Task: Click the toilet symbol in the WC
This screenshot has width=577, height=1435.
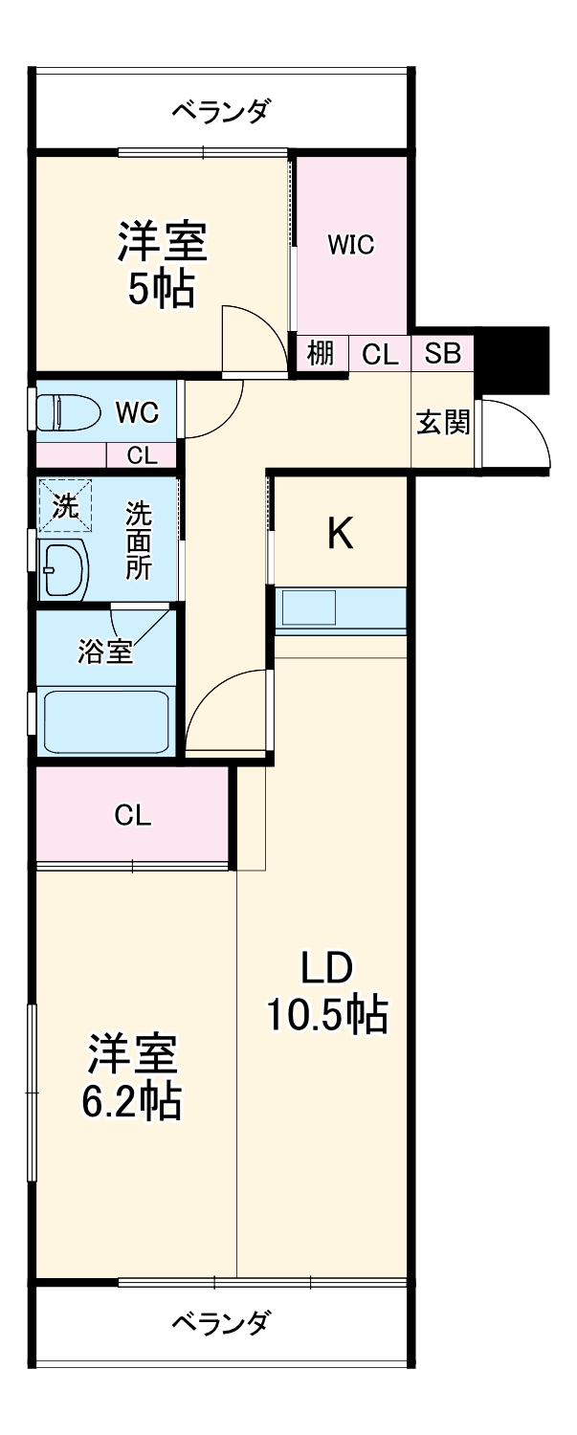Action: pyautogui.click(x=65, y=413)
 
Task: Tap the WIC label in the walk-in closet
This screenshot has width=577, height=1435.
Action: pyautogui.click(x=350, y=245)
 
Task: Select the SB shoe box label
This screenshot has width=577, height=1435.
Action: pyautogui.click(x=442, y=354)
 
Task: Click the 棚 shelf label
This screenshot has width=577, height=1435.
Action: pyautogui.click(x=321, y=354)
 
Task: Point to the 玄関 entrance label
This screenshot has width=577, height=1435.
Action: pyautogui.click(x=443, y=422)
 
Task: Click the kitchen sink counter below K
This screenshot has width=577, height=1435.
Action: pyautogui.click(x=341, y=609)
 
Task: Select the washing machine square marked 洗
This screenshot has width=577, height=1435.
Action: pyautogui.click(x=65, y=506)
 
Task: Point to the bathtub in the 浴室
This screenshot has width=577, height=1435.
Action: pyautogui.click(x=106, y=719)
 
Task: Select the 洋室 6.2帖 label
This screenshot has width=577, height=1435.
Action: pyautogui.click(x=133, y=1077)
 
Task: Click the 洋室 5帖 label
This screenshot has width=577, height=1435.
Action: pyautogui.click(x=162, y=264)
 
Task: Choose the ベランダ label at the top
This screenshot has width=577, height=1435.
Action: pyautogui.click(x=221, y=111)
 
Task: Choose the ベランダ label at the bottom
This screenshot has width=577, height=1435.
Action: pyautogui.click(x=221, y=1324)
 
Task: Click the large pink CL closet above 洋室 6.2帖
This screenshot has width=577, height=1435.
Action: pyautogui.click(x=133, y=815)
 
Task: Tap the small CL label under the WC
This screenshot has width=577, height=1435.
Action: pyautogui.click(x=142, y=455)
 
